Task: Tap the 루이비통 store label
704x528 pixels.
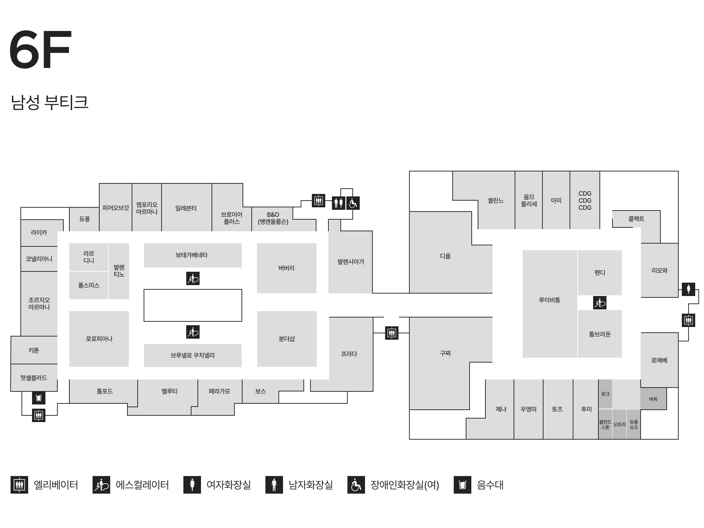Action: pyautogui.click(x=549, y=300)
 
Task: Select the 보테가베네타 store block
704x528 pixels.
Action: pyautogui.click(x=193, y=255)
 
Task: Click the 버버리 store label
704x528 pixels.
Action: pyautogui.click(x=286, y=268)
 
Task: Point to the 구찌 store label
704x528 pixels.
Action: pyautogui.click(x=445, y=353)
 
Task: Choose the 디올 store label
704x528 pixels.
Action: pyautogui.click(x=445, y=256)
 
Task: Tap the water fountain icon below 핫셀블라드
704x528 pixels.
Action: pyautogui.click(x=39, y=398)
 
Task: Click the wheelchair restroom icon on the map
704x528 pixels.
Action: pyautogui.click(x=353, y=203)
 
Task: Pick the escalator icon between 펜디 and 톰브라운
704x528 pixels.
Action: pyautogui.click(x=600, y=303)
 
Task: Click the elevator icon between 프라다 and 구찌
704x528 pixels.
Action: pyautogui.click(x=392, y=333)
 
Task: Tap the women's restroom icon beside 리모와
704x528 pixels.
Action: pyautogui.click(x=689, y=289)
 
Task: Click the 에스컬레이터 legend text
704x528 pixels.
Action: pyautogui.click(x=142, y=485)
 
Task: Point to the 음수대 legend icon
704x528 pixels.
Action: pyautogui.click(x=463, y=485)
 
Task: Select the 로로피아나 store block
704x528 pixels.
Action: pyautogui.click(x=99, y=339)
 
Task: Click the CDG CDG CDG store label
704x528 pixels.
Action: pyautogui.click(x=585, y=201)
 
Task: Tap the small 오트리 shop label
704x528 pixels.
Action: pyautogui.click(x=620, y=425)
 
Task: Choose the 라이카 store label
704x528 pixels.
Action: pyautogui.click(x=39, y=233)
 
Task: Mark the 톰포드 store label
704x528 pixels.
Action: pyautogui.click(x=105, y=391)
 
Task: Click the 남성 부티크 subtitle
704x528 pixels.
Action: pyautogui.click(x=50, y=102)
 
